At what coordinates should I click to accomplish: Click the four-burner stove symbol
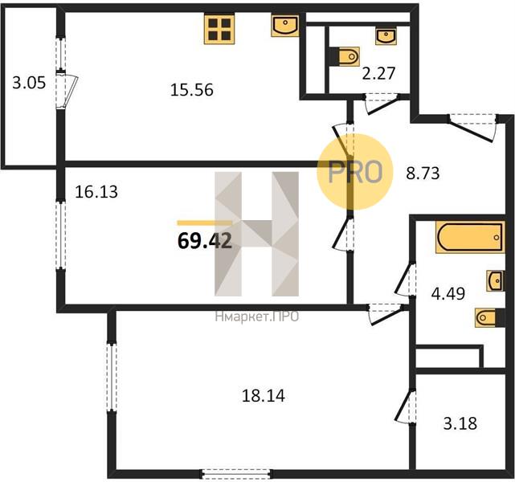tap(219, 29)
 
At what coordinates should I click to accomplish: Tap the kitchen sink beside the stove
tap(284, 25)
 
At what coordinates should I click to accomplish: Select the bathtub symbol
tap(470, 237)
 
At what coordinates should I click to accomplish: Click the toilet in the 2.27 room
tap(344, 56)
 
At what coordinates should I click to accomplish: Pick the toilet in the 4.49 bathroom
tap(490, 317)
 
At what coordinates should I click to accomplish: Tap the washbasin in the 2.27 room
tap(386, 36)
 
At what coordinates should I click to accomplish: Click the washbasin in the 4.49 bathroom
tap(496, 280)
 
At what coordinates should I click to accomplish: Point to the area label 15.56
tap(192, 90)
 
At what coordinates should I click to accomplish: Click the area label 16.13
tap(96, 192)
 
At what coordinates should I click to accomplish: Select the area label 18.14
tap(264, 396)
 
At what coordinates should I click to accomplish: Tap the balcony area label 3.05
tap(29, 83)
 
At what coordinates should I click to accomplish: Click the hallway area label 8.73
tap(423, 173)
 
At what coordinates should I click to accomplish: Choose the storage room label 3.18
tap(460, 423)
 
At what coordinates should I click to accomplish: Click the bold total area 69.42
tap(205, 241)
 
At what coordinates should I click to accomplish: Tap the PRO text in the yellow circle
tap(355, 171)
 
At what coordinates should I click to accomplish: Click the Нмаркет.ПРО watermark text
tap(257, 317)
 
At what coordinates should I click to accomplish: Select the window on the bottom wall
tap(236, 473)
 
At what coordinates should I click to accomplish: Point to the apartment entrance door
tap(472, 127)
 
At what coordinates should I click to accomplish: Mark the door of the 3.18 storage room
tap(406, 406)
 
